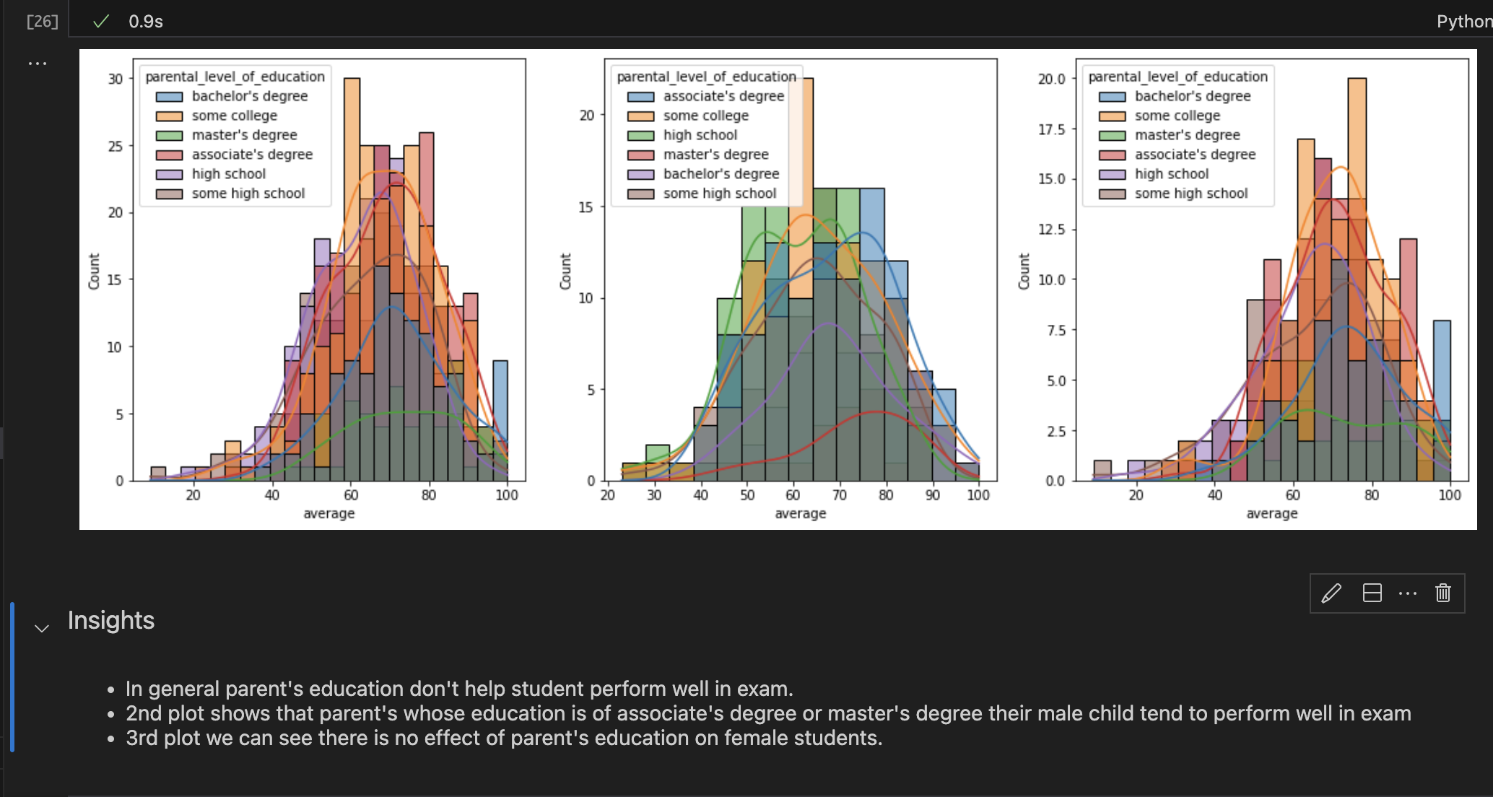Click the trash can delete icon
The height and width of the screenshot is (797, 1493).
click(1442, 593)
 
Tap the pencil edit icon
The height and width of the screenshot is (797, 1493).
click(1331, 593)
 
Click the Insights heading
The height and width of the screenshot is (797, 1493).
click(111, 621)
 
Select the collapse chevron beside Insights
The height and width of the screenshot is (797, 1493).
click(42, 628)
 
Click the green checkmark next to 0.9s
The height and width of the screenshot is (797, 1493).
click(101, 22)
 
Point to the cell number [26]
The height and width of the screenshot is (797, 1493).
click(42, 22)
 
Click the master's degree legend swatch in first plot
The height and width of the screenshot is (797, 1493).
click(170, 136)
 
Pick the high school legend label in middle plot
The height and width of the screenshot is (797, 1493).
click(700, 135)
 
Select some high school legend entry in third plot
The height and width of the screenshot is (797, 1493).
click(1191, 193)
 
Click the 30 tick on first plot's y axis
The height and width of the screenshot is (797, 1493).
click(116, 79)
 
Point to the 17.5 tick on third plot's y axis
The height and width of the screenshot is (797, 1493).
click(1051, 129)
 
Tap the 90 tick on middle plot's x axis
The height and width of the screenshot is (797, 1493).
click(932, 495)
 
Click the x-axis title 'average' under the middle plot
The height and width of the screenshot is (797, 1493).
click(800, 513)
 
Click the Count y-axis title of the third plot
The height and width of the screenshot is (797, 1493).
click(1024, 271)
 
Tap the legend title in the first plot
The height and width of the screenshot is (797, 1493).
click(235, 77)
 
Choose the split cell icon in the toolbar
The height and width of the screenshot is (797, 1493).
click(1372, 593)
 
